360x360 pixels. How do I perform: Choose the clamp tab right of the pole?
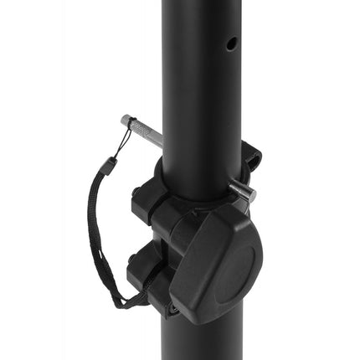[x=250, y=159]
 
